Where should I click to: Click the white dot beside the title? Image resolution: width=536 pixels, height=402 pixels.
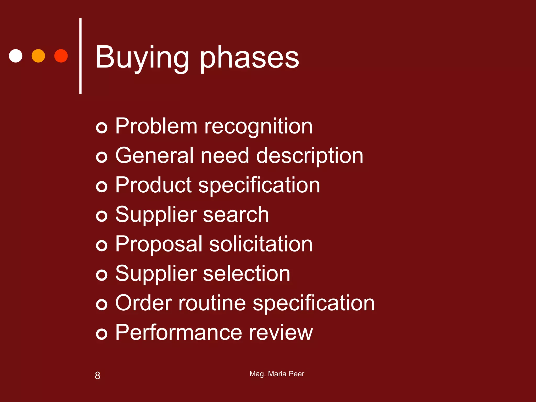click(16, 56)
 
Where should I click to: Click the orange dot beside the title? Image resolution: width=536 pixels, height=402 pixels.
click(38, 56)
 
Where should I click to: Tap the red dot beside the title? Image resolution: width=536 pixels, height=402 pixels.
click(61, 56)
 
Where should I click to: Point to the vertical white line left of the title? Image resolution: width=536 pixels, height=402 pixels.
click(80, 56)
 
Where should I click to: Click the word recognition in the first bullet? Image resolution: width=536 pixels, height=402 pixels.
click(258, 127)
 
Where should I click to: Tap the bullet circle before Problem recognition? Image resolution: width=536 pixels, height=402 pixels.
click(102, 128)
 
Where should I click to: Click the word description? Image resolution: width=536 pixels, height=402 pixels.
click(310, 156)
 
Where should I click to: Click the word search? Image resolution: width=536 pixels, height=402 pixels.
click(236, 215)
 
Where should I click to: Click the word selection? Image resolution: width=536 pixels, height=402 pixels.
click(246, 273)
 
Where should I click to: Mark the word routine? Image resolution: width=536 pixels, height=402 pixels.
click(212, 303)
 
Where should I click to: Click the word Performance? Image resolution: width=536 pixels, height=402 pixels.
click(179, 332)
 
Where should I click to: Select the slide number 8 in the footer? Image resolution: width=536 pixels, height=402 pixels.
click(97, 376)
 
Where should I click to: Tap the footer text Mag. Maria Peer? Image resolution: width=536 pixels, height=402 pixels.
click(277, 374)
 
